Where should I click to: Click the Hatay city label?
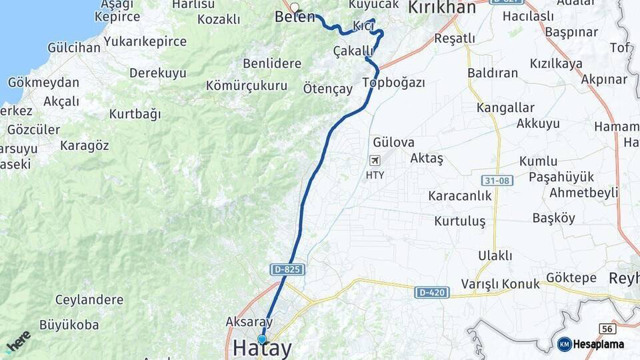tap(263, 349)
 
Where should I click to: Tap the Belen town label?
tap(294, 17)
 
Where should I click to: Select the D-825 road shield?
tap(288, 270)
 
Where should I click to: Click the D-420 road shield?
tap(431, 293)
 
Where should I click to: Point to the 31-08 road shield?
tap(497, 181)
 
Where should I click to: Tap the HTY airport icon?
tap(375, 161)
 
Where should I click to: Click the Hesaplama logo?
tap(591, 344)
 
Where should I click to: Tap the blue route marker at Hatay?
tap(261, 339)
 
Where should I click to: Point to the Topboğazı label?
tap(393, 83)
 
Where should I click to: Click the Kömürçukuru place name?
tap(247, 85)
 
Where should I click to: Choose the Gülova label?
tap(393, 142)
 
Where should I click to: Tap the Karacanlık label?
tap(459, 196)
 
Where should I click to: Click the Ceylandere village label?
tap(89, 299)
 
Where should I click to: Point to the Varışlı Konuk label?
tap(500, 284)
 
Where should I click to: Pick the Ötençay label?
tap(327, 88)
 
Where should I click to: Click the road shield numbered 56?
tap(607, 329)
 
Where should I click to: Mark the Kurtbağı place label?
tap(135, 114)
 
